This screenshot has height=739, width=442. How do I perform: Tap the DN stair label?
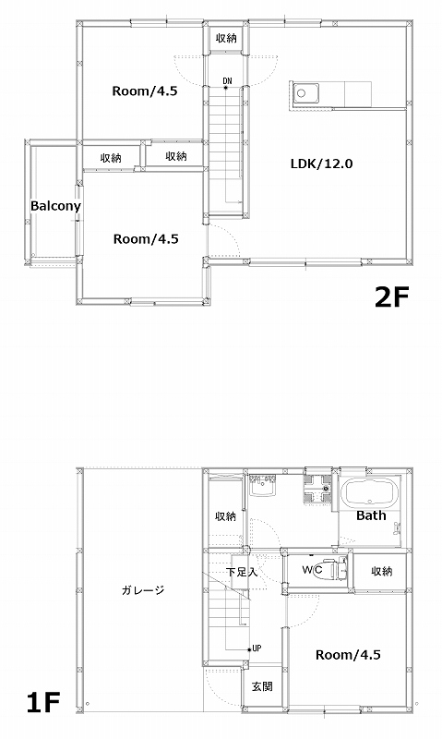[227, 81]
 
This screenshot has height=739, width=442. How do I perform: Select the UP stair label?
[257, 648]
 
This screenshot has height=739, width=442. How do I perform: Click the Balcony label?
[55, 206]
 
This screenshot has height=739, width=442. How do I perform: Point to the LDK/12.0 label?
[321, 164]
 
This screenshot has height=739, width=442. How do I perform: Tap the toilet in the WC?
[333, 570]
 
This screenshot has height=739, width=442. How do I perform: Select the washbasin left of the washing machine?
[263, 485]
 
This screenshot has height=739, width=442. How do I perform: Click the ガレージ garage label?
[143, 590]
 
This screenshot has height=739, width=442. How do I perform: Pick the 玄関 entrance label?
[262, 686]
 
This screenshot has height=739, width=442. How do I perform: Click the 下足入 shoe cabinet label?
[242, 572]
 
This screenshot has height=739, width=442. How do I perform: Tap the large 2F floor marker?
[392, 297]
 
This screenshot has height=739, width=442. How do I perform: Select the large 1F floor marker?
[43, 703]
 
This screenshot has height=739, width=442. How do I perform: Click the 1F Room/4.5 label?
[348, 655]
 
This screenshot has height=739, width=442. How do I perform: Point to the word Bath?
[371, 515]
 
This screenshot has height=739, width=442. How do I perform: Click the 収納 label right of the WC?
[382, 571]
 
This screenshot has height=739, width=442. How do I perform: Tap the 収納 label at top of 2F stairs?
[226, 38]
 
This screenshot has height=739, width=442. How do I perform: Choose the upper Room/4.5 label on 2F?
[145, 91]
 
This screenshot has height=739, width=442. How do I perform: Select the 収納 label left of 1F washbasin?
[225, 516]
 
